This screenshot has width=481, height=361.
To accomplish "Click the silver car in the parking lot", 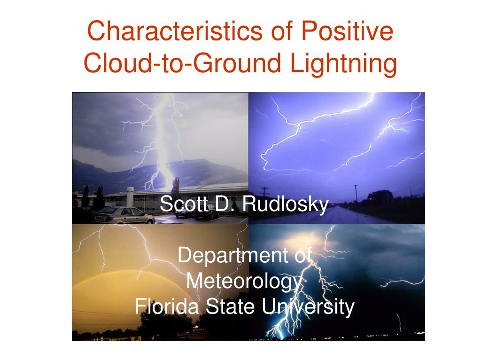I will coord(127,215).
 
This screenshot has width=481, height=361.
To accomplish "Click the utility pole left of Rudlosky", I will coord(265,193).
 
